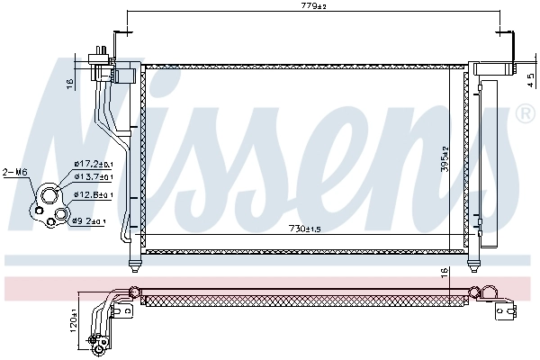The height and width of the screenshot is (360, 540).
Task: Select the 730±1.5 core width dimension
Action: (309, 228)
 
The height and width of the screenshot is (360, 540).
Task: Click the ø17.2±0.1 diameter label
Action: (93, 164)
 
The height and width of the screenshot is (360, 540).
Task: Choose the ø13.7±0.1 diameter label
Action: (93, 178)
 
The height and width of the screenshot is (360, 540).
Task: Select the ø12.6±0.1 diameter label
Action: (93, 195)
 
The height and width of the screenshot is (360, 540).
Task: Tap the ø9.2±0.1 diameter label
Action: (90, 220)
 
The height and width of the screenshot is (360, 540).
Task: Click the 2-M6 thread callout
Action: (15, 171)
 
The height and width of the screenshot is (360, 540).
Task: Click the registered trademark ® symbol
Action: (524, 114)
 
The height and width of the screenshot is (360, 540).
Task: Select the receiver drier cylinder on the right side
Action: (488, 162)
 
